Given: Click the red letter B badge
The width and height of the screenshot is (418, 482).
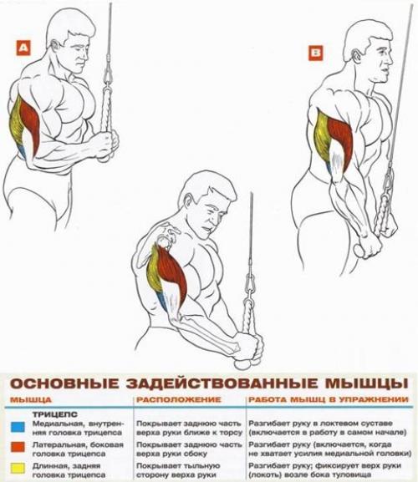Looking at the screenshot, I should point(314,54).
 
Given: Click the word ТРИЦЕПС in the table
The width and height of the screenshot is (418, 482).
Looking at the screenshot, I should point(54,413).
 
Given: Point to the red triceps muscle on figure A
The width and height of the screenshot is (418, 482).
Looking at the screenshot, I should point(29,125).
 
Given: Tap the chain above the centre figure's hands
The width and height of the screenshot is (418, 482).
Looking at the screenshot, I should point(250,292).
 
